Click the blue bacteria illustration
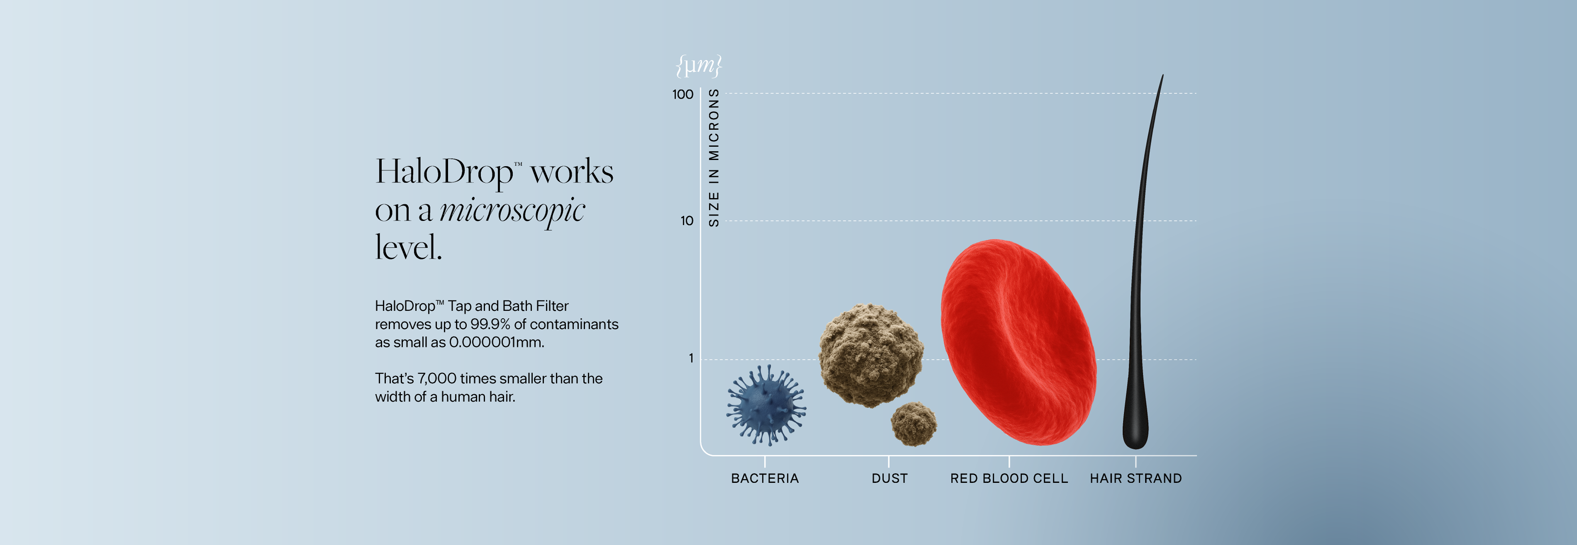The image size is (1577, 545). click(766, 405)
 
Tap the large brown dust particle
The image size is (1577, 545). click(871, 355)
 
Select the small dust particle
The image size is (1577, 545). click(913, 423)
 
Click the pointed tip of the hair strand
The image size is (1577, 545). click(1162, 75)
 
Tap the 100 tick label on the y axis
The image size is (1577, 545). click(683, 94)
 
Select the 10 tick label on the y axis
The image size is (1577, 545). click(687, 221)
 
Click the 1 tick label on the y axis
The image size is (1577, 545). click(691, 358)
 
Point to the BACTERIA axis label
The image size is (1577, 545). click(764, 478)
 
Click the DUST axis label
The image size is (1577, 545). click(889, 478)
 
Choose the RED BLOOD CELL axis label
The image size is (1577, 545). click(1009, 478)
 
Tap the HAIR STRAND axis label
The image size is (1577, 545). click(1135, 478)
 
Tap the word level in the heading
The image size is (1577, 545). click(408, 248)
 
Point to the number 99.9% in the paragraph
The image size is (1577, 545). click(490, 324)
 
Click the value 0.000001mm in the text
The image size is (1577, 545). click(496, 342)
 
